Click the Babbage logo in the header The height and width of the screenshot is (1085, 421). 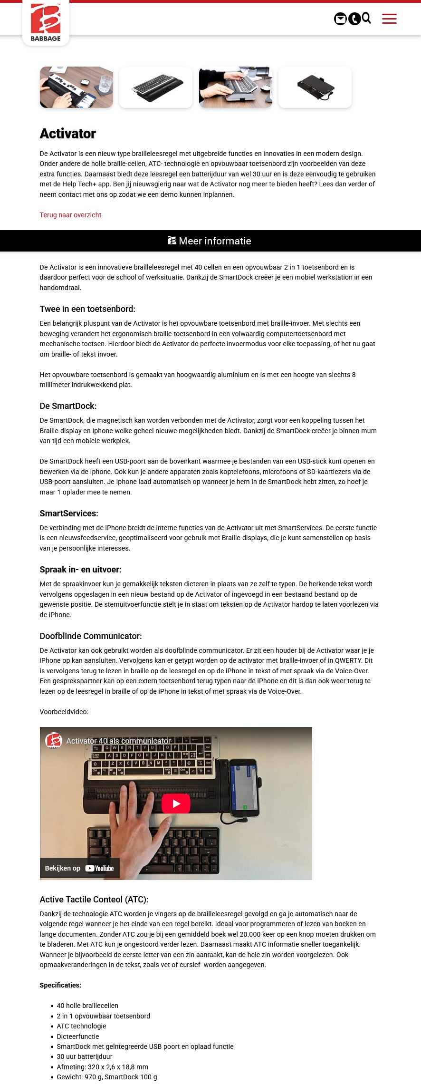click(x=46, y=22)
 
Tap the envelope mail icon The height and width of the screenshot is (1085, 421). click(x=340, y=19)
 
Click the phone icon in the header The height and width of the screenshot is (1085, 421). click(x=354, y=19)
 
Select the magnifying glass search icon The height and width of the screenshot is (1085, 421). click(x=366, y=18)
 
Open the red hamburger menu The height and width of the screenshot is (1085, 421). click(x=389, y=19)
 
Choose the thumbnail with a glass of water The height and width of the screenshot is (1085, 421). click(x=77, y=87)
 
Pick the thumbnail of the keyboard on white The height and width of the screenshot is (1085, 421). click(x=156, y=87)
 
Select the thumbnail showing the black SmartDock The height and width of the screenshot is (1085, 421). click(x=315, y=87)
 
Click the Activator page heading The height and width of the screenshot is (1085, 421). click(x=68, y=134)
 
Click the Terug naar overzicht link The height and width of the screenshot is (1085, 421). click(x=70, y=215)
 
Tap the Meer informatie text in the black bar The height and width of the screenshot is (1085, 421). click(x=215, y=241)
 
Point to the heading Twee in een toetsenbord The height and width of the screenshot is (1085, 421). click(x=87, y=309)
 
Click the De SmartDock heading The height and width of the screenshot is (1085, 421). click(x=68, y=406)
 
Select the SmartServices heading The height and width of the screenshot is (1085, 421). click(x=69, y=513)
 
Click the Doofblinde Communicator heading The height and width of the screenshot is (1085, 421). click(x=91, y=636)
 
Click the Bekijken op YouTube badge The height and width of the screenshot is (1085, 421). click(x=79, y=868)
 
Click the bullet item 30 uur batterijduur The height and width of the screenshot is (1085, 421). click(x=85, y=1056)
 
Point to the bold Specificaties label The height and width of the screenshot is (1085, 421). click(x=60, y=985)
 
